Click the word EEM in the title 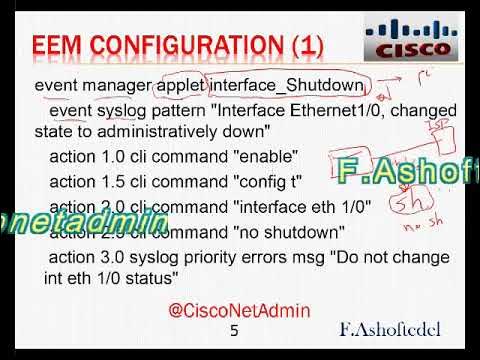[63, 46]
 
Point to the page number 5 [235, 331]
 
